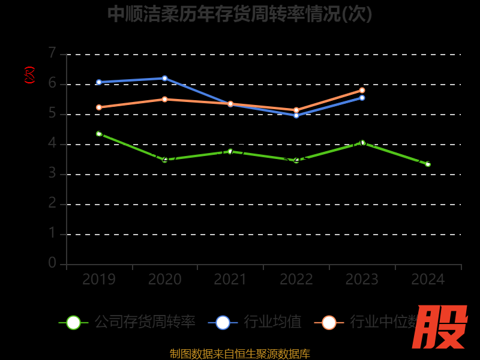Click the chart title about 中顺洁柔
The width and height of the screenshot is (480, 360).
click(240, 14)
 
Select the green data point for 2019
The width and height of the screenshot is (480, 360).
click(99, 134)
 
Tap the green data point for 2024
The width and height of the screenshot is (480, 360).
click(428, 164)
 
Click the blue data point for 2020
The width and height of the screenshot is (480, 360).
click(164, 78)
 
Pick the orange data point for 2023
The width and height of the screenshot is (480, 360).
click(362, 90)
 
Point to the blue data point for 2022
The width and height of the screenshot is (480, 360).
click(296, 115)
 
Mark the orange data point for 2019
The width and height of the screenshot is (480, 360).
click(99, 107)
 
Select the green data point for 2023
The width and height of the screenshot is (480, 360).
click(362, 143)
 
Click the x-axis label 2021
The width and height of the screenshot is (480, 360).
click(230, 280)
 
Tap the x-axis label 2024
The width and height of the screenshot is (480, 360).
click(428, 280)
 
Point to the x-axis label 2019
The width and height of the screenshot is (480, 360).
click(99, 280)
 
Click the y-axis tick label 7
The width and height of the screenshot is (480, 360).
click(52, 53)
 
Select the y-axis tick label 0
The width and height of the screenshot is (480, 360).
click(52, 263)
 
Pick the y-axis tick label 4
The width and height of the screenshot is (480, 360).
click(52, 143)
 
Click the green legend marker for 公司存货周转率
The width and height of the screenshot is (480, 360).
click(73, 322)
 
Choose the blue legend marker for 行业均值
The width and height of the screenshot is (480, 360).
click(223, 322)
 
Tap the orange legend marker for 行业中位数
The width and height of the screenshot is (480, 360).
click(329, 322)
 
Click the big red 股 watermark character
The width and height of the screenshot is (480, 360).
click(440, 327)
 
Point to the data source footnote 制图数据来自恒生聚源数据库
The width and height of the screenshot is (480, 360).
click(240, 353)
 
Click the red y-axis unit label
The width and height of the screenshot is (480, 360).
click(29, 75)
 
